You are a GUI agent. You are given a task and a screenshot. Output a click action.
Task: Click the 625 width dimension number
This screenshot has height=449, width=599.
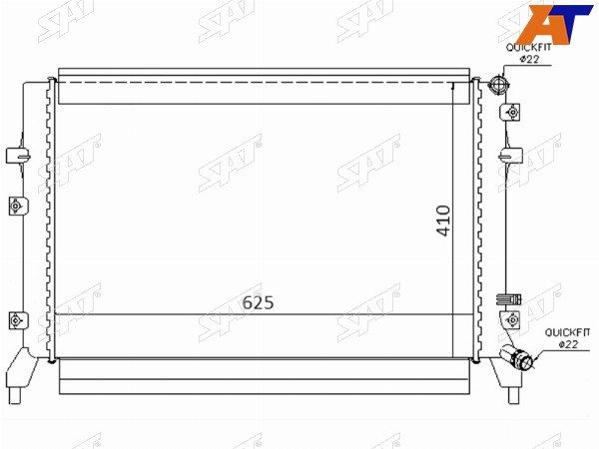tap(259, 302)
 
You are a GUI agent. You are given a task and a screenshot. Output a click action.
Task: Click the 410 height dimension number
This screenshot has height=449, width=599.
tap(443, 221)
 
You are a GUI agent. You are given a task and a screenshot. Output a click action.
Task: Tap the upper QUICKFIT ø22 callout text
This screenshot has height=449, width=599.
tap(529, 53)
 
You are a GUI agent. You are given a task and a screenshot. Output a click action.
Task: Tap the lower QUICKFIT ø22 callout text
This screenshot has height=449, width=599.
tap(567, 338)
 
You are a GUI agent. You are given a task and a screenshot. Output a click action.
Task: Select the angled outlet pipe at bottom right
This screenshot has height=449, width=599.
tap(517, 356)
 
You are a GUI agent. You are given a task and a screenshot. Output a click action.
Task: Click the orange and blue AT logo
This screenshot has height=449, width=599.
tap(553, 24)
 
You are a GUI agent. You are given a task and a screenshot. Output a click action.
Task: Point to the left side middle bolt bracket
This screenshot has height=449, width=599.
tap(17, 207)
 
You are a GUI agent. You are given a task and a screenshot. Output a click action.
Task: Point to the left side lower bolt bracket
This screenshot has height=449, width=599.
tap(18, 320)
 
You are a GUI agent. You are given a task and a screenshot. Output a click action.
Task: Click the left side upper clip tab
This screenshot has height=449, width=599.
tap(18, 156)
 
